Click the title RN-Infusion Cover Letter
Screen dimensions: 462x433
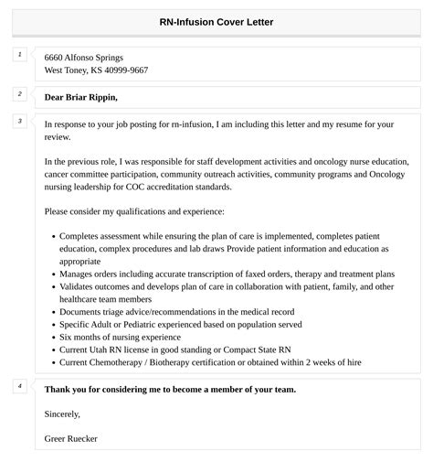click(x=216, y=22)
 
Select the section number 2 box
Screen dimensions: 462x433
click(x=19, y=93)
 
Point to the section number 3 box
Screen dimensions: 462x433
click(x=19, y=121)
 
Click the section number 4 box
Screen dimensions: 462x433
click(x=19, y=386)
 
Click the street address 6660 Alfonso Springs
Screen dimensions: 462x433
click(x=83, y=58)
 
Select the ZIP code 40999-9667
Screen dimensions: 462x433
click(x=124, y=70)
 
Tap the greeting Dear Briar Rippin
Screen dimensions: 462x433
click(x=80, y=97)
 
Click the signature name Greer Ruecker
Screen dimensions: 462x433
click(x=71, y=438)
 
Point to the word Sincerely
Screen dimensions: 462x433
click(x=64, y=414)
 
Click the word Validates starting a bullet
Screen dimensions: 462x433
click(x=76, y=286)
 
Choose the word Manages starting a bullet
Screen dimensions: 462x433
click(x=75, y=274)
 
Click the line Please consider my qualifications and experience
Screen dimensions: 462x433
click(x=133, y=212)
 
